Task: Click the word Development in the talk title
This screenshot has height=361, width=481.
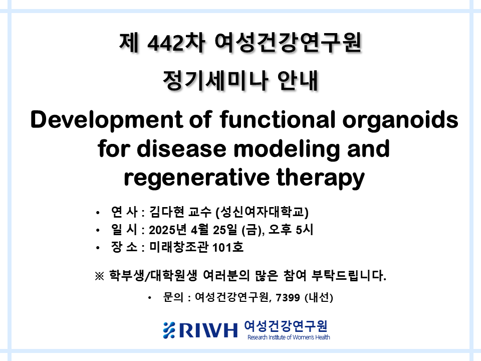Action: click(x=107, y=120)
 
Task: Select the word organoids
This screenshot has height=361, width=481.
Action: click(x=400, y=120)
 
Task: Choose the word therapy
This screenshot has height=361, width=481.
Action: click(x=321, y=178)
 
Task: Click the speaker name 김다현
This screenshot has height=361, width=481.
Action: click(x=167, y=212)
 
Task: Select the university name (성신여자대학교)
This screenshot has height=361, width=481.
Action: click(x=262, y=212)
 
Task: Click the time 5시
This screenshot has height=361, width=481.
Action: click(x=305, y=230)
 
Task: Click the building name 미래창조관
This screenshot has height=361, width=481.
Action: click(x=179, y=247)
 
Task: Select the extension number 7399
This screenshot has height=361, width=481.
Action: click(x=288, y=297)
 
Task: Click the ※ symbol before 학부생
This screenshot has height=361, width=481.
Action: click(x=99, y=276)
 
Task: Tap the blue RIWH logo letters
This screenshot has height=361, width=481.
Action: click(x=208, y=330)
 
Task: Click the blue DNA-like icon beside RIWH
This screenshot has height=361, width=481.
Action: click(x=169, y=330)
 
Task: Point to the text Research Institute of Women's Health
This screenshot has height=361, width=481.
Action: click(x=289, y=337)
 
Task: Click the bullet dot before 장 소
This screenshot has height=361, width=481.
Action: click(x=98, y=248)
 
